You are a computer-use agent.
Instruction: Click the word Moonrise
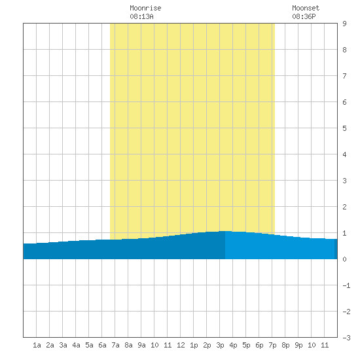(x=145, y=8)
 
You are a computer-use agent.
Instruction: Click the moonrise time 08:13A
(x=141, y=16)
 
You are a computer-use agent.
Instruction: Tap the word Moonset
(x=306, y=8)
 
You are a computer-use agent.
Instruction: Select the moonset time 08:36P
(x=304, y=16)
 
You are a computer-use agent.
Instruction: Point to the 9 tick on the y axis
(x=344, y=24)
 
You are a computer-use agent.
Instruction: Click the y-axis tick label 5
(x=344, y=128)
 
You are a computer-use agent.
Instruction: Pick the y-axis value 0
(x=344, y=259)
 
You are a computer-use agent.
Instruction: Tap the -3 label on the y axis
(x=346, y=338)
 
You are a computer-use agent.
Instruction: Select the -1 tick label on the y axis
(x=346, y=285)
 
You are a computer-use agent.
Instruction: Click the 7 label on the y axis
(x=344, y=76)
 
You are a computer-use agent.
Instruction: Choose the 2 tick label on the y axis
(x=344, y=207)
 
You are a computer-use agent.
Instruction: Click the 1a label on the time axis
(x=37, y=345)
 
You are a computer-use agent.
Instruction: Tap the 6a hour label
(x=102, y=345)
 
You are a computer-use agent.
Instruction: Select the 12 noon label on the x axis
(x=181, y=345)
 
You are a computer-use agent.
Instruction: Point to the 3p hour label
(x=220, y=345)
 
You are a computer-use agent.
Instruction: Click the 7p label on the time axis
(x=272, y=345)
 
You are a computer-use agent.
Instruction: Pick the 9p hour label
(x=298, y=345)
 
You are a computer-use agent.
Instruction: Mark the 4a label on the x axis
(x=76, y=345)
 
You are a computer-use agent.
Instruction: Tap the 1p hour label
(x=194, y=345)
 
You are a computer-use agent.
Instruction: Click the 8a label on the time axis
(x=128, y=345)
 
